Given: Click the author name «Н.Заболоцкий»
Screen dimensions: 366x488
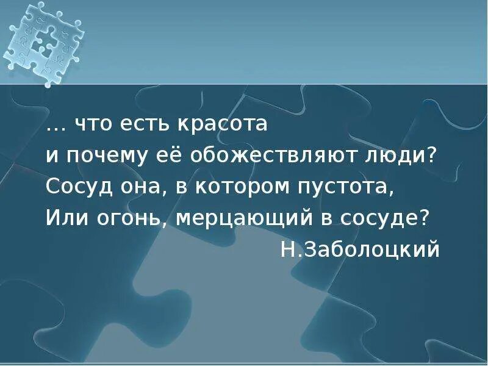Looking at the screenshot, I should click(360, 249).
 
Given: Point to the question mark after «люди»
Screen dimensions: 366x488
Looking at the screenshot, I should click(432, 155).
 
